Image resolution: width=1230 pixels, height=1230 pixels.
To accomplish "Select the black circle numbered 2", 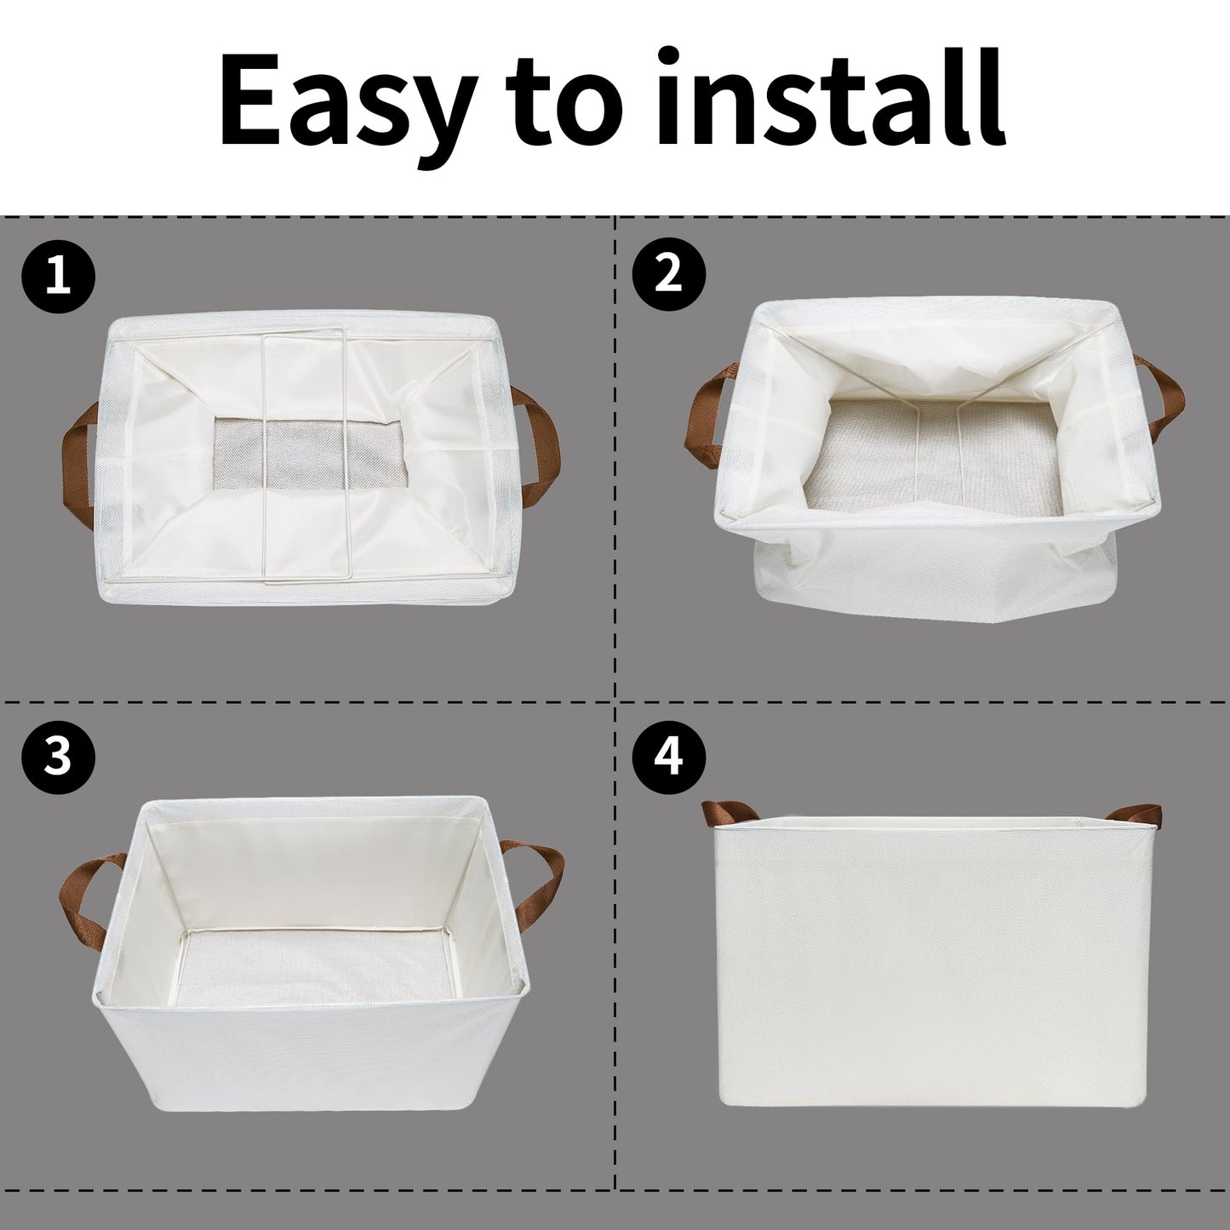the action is [670, 273].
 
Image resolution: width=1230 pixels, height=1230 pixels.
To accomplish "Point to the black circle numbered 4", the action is [670, 756].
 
